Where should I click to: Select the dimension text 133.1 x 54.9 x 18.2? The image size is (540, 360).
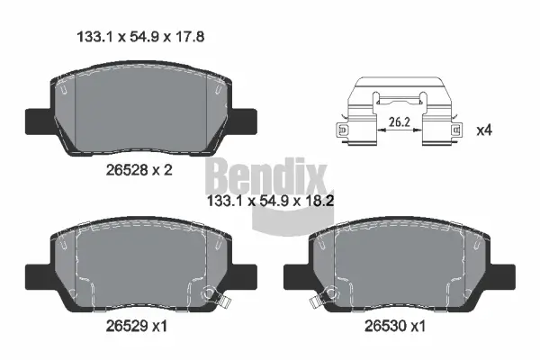[x=271, y=203]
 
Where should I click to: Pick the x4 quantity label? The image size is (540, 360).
[x=483, y=130]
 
